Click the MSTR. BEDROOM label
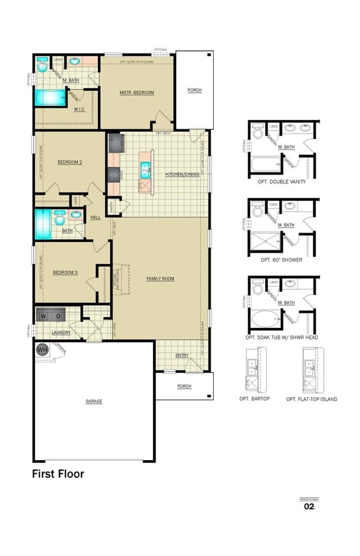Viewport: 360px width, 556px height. pos(136,92)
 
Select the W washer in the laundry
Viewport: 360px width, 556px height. pos(44,316)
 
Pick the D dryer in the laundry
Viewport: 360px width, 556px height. pos(58,316)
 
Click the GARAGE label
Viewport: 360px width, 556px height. pos(94,401)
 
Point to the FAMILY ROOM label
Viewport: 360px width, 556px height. pos(160,279)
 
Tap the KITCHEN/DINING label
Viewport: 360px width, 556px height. pos(182,174)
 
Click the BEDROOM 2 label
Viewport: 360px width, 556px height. pos(70,162)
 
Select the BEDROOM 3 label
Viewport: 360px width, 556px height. pos(65,272)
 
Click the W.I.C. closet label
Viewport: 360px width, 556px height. pos(79,109)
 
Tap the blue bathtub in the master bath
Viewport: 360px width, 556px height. pos(50,99)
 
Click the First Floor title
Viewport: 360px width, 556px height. pos(58,473)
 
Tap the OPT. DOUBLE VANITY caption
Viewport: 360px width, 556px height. pos(281,182)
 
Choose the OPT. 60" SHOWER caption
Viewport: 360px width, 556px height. pos(281,259)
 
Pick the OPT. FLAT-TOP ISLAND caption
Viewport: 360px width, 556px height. pos(312,399)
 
